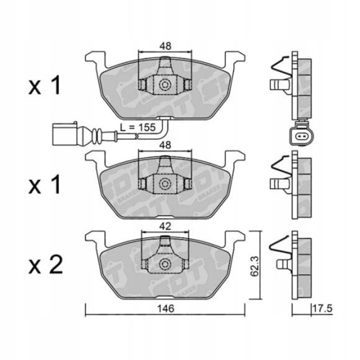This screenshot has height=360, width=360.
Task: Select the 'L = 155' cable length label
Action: click(138, 127)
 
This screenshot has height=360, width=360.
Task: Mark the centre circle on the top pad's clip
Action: click(166, 85)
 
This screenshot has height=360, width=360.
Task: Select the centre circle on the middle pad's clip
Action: click(166, 184)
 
